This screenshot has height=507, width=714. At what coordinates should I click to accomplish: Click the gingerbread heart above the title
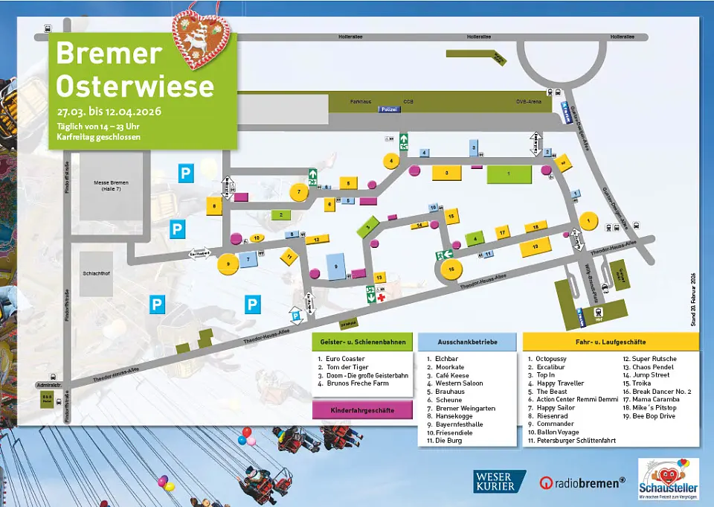point(202,34)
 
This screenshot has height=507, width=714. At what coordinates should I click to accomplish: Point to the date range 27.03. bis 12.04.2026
point(109,112)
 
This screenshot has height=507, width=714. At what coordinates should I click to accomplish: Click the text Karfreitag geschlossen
point(94,138)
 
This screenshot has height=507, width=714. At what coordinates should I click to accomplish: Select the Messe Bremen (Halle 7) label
point(112,185)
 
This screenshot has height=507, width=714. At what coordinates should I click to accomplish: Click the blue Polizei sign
point(388,109)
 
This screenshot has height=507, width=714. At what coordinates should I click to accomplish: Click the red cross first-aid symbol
point(381,297)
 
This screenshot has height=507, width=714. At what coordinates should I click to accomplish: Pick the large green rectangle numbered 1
point(509,174)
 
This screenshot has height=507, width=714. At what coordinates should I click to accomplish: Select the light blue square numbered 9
point(336,266)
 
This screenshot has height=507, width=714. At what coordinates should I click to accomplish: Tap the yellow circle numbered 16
point(451,268)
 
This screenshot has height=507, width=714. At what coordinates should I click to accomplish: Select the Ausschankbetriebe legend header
point(467,342)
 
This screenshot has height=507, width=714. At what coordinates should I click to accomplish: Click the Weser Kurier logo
point(499,482)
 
